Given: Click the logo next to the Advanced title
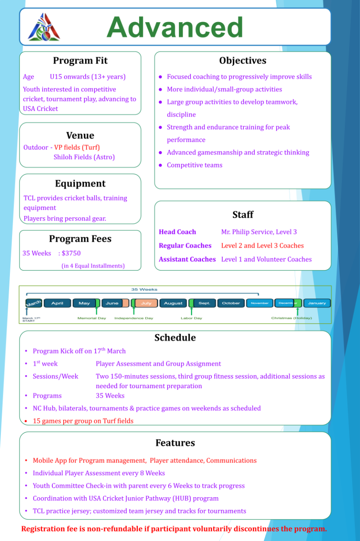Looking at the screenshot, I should (44, 27).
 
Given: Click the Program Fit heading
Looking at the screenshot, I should (80, 60).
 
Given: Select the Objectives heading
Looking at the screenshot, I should (242, 60).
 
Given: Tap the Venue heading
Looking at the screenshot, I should (80, 135).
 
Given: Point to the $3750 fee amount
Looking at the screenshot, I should (71, 253).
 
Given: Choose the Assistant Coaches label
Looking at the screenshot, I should (187, 259).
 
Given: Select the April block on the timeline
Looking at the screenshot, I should (57, 303).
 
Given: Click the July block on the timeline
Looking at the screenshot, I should (146, 303).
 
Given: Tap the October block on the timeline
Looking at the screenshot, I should (231, 303).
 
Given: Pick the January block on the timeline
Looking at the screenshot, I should (317, 303).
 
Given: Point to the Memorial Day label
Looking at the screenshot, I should (91, 318).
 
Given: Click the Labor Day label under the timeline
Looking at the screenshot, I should (191, 318).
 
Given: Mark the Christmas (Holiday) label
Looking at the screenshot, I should (292, 318).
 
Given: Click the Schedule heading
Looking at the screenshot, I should (175, 338).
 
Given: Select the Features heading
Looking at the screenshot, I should (175, 443).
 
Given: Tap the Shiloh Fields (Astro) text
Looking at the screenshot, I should (84, 157).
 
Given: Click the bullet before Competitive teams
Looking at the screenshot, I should (160, 165).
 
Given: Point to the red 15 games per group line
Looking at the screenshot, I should (83, 421).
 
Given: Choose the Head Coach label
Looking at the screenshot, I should (177, 232).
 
